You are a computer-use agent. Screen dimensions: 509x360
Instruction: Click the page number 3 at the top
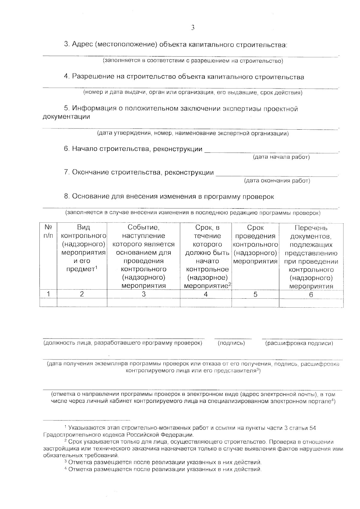pos(193,28)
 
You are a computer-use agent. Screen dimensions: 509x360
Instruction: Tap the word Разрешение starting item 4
pos(92,77)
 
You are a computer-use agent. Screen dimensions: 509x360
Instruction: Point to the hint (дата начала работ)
pos(281,157)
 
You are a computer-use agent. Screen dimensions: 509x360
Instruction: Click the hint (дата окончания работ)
pos(277,181)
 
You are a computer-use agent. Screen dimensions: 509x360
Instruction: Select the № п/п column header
pos(48,231)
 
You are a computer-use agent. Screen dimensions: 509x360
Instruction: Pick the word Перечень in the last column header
pos(311,228)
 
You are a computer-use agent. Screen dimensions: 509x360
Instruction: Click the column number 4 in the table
pos(205,294)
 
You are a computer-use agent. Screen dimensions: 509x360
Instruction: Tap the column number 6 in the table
pos(311,294)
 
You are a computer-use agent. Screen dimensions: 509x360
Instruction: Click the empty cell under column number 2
pos(82,303)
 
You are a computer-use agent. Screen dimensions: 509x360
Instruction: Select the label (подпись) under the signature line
pos(231,343)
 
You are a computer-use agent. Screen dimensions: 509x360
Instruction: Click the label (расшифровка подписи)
pos(299,343)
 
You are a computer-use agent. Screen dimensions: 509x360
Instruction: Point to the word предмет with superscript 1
pos(80,269)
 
